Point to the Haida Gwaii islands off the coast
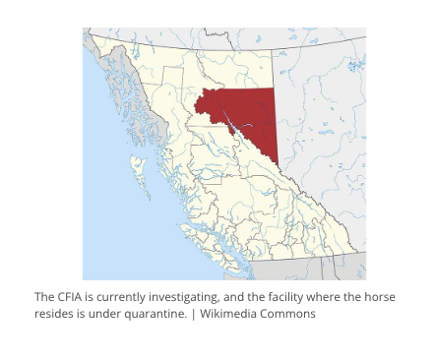point(138,177)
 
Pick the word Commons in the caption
point(289,314)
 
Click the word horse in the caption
point(379,296)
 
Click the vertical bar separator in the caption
point(193,314)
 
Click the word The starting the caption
point(45,296)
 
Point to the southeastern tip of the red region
point(277,164)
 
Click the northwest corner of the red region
point(196,93)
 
